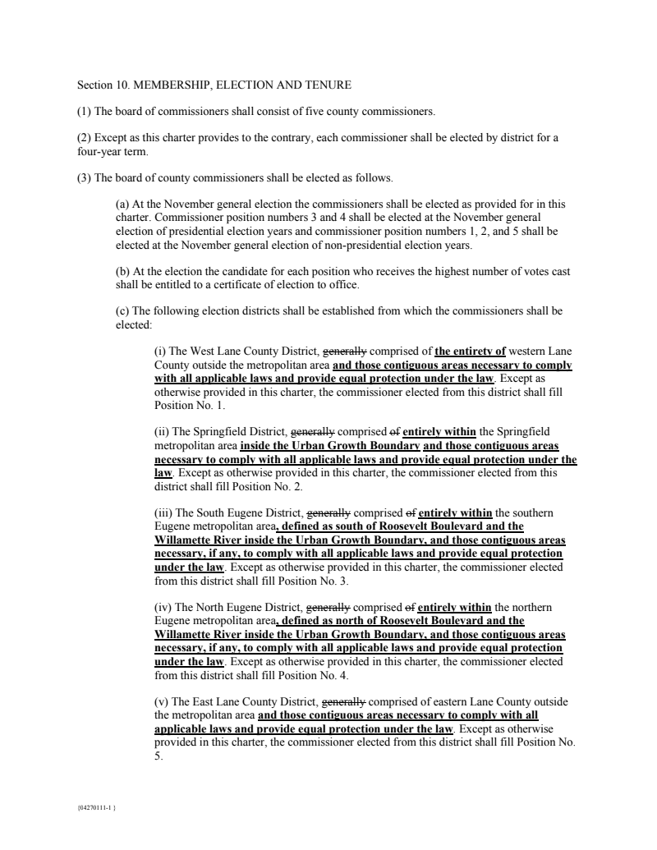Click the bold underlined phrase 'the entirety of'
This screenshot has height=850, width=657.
point(471,351)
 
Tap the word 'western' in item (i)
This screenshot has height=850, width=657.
point(534,351)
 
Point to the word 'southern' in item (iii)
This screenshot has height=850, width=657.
point(532,512)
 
